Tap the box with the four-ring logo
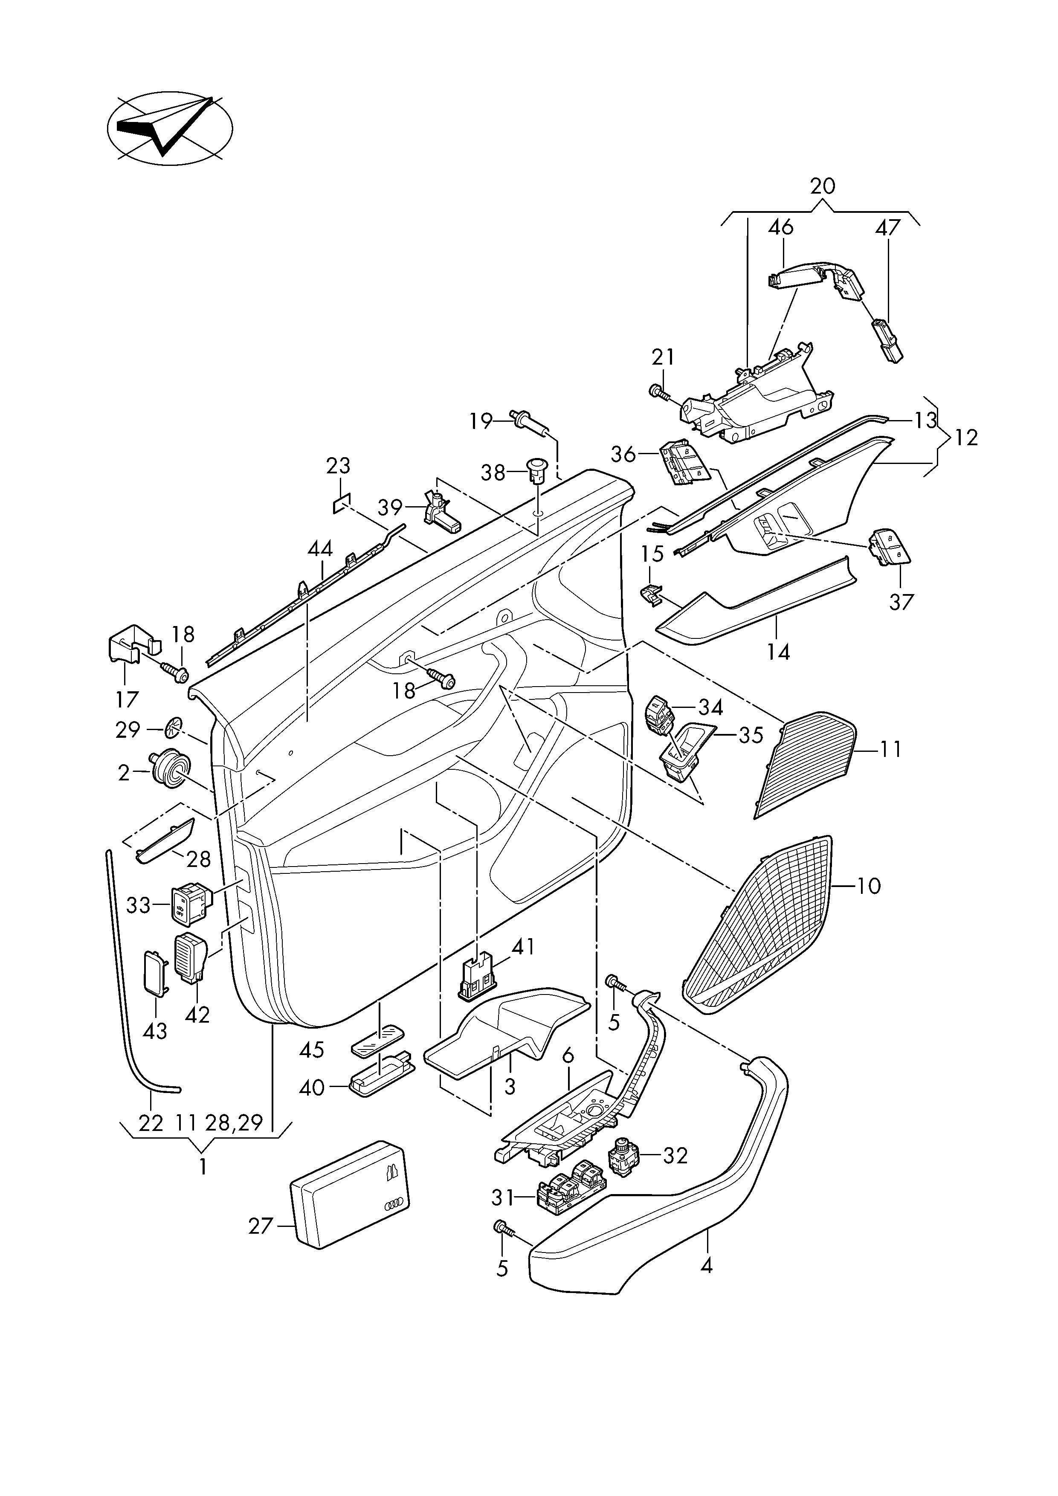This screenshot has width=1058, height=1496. [348, 1194]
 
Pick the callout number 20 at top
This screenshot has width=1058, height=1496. [822, 186]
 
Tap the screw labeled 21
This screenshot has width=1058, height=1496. [661, 392]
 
